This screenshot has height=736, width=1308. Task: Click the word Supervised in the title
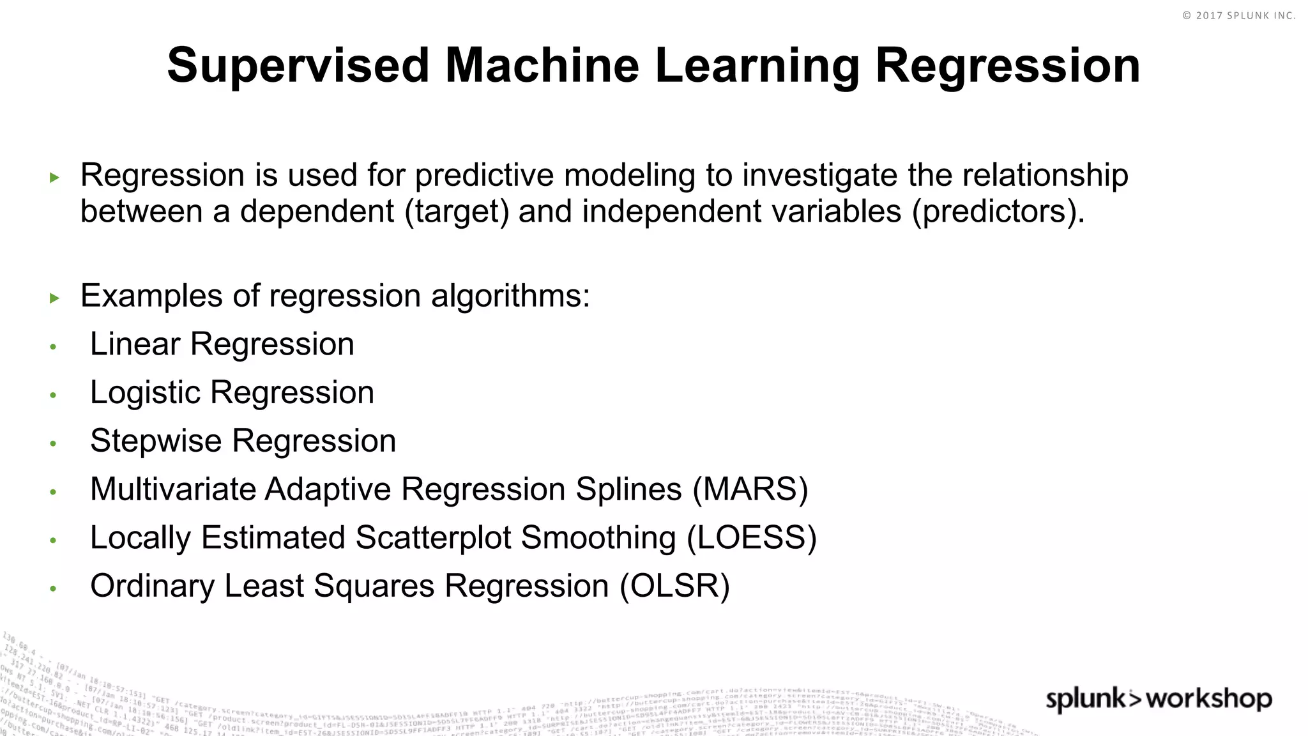[298, 66]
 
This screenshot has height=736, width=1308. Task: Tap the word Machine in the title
[542, 66]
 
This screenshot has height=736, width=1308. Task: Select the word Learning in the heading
[757, 66]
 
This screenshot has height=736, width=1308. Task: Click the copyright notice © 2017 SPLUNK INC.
[1238, 15]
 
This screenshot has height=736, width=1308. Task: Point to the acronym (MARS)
[750, 489]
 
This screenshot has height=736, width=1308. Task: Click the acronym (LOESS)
[752, 538]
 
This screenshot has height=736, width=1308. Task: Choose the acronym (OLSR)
[674, 586]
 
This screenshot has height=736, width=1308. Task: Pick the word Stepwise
[155, 441]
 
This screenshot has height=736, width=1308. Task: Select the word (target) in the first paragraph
[457, 211]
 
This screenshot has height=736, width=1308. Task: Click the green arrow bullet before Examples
[54, 298]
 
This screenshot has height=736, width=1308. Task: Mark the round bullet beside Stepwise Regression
[54, 443]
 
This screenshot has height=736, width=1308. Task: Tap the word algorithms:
[510, 296]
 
